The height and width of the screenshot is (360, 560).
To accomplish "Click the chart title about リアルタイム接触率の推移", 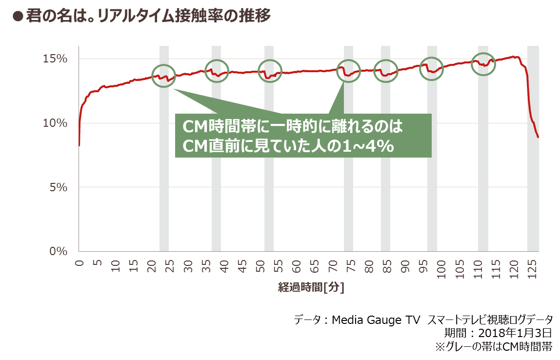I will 141,16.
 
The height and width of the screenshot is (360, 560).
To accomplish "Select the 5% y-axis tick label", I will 58,187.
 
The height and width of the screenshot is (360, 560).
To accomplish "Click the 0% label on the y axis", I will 58,251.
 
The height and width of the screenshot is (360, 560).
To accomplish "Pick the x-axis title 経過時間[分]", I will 311,287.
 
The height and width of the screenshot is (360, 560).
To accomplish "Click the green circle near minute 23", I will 163,76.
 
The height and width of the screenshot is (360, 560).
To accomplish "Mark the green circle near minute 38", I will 217,71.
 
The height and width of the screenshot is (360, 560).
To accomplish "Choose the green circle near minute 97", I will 431,69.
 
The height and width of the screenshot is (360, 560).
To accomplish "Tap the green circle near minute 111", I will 483,64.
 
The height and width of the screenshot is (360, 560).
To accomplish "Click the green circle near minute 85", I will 386,71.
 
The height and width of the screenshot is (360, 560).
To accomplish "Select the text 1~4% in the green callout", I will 369,146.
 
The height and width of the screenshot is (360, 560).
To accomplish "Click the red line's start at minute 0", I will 79,145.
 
